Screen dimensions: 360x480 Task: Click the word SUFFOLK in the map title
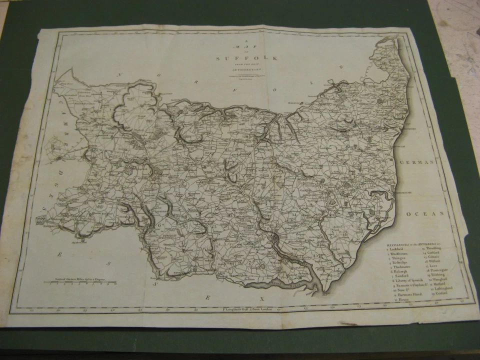(x=246, y=58)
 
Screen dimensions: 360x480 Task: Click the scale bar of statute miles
(x=79, y=282)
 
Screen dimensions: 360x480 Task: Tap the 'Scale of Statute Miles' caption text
(x=79, y=278)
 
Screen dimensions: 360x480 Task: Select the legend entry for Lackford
(x=398, y=248)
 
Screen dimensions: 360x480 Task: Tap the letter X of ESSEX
(x=260, y=298)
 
